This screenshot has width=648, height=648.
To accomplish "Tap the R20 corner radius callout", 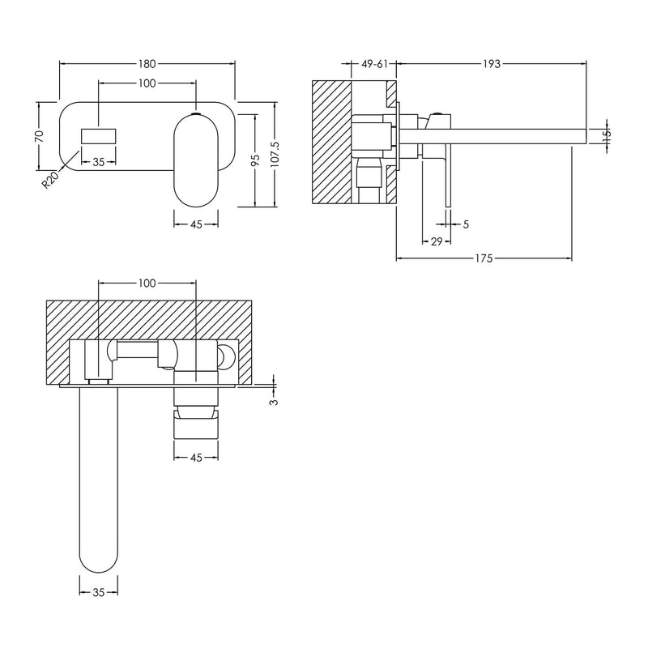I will click(51, 177).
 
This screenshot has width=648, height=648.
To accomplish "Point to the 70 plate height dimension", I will click(37, 137).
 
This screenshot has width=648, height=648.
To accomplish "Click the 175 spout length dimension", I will click(484, 258).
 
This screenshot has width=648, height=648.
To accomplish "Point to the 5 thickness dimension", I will click(466, 224).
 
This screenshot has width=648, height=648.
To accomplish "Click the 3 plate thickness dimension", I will click(274, 400).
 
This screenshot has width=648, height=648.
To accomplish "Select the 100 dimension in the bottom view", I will click(147, 283).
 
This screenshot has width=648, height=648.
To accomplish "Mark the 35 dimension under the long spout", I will click(97, 593).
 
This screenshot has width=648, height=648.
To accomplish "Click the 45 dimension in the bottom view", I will click(195, 457).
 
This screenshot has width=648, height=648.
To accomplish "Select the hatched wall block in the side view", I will click(332, 142).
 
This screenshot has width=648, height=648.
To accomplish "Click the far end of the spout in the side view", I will click(582, 136).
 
